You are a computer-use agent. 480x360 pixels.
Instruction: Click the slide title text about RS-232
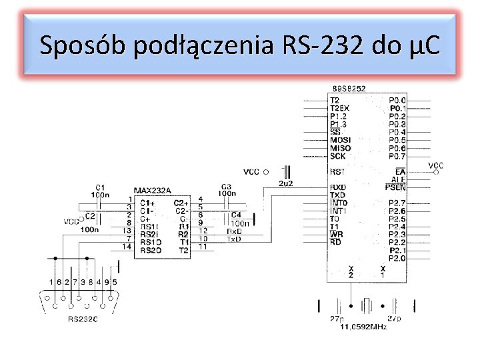[239, 46]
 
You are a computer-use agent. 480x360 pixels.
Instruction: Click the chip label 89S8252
[349, 89]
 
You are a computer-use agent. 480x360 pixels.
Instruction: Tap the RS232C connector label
[83, 319]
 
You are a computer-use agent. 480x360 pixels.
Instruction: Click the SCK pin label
[337, 156]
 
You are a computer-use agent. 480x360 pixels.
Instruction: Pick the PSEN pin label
[395, 187]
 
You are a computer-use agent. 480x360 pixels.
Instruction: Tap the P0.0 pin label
[397, 100]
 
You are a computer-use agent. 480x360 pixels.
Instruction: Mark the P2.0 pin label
[397, 258]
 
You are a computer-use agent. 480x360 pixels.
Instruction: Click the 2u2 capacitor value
[285, 183]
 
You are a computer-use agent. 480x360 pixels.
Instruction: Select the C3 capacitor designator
[226, 187]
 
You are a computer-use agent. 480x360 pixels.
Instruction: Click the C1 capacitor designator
[100, 187]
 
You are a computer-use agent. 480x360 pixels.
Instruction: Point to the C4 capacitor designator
[235, 215]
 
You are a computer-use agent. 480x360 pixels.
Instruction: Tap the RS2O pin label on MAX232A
[150, 250]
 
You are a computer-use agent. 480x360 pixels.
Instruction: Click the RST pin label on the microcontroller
[337, 171]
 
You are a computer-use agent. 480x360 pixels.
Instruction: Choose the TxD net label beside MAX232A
[233, 239]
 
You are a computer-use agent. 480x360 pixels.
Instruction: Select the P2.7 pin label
[397, 203]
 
